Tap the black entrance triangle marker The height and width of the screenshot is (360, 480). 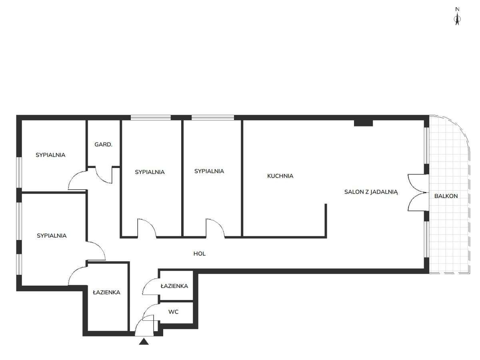[x=144, y=341]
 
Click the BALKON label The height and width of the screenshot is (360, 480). [x=446, y=196]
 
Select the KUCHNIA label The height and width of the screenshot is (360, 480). [x=280, y=176]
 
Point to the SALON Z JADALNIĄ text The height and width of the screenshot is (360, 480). [x=371, y=192]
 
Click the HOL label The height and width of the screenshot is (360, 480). [x=200, y=254]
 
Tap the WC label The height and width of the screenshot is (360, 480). [x=173, y=312]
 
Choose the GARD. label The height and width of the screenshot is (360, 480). [x=103, y=144]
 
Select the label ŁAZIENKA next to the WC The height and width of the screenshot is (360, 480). [x=174, y=286]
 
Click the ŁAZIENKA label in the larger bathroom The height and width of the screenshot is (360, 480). [x=106, y=292]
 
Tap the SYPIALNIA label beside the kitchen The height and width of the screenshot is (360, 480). [x=209, y=171]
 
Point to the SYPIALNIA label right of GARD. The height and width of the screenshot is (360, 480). [x=150, y=172]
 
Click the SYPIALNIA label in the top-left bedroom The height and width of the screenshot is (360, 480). [x=50, y=155]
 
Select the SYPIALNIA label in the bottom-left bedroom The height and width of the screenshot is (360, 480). [x=52, y=236]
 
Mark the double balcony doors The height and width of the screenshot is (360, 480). [x=416, y=192]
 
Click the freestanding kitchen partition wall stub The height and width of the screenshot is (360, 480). [x=326, y=220]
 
